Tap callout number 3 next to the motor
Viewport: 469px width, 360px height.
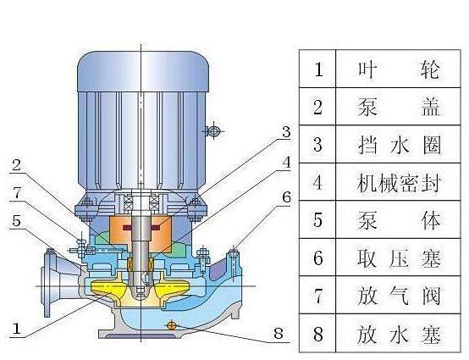(x=286, y=132)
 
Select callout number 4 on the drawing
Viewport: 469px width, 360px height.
(x=286, y=161)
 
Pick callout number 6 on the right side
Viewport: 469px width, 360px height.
(x=286, y=197)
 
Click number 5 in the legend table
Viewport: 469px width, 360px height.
(x=318, y=221)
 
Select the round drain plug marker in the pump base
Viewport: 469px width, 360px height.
(x=170, y=324)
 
